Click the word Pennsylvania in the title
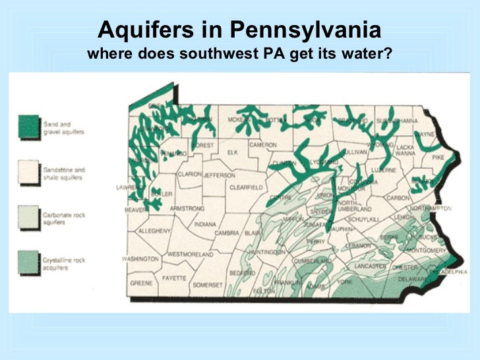click(x=304, y=30)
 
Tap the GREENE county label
click(x=141, y=283)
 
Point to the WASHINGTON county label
click(x=141, y=259)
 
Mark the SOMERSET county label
click(x=208, y=285)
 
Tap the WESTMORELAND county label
click(x=191, y=254)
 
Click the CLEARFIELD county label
click(x=246, y=187)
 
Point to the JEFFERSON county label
click(x=219, y=175)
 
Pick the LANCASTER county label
click(x=372, y=266)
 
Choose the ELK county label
click(x=232, y=152)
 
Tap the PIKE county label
click(x=438, y=158)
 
